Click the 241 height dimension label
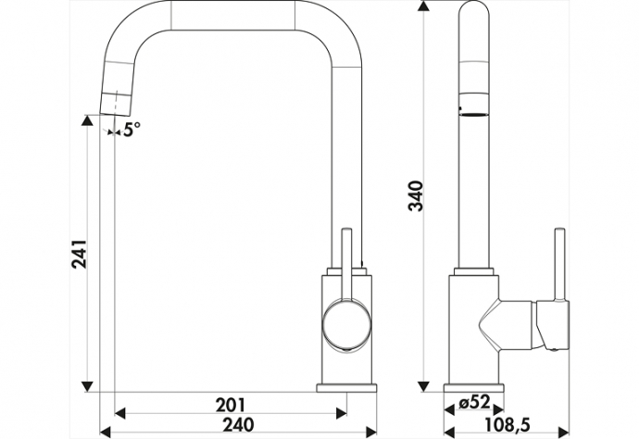click(79, 254)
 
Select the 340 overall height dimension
click(417, 195)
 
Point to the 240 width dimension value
click(238, 424)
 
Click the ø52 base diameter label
click(473, 403)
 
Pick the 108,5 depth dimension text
click(507, 425)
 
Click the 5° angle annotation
click(132, 130)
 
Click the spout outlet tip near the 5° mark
click(115, 113)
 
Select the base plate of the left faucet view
click(346, 387)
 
